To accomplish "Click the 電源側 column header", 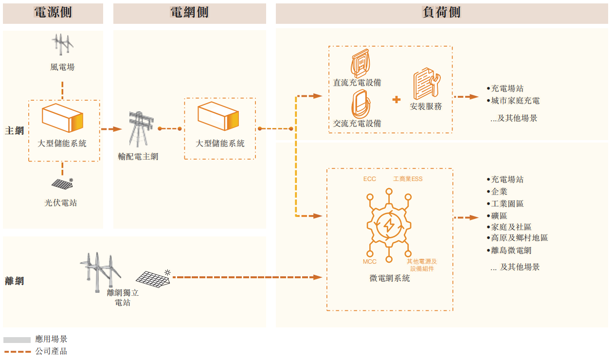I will click(53, 13).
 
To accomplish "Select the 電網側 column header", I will click(189, 13).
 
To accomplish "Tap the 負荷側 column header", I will click(441, 13).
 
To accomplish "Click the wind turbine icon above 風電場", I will click(63, 44).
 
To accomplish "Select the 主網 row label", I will click(15, 130).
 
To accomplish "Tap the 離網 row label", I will click(15, 281).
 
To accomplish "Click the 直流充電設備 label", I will click(357, 83).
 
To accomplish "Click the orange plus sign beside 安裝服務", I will click(397, 99).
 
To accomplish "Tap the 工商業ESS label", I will click(408, 179).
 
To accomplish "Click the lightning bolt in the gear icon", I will click(389, 225).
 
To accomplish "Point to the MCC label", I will click(370, 262).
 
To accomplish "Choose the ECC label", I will click(370, 179).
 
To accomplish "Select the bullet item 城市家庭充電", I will click(515, 101).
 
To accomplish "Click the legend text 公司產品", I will click(51, 351).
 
